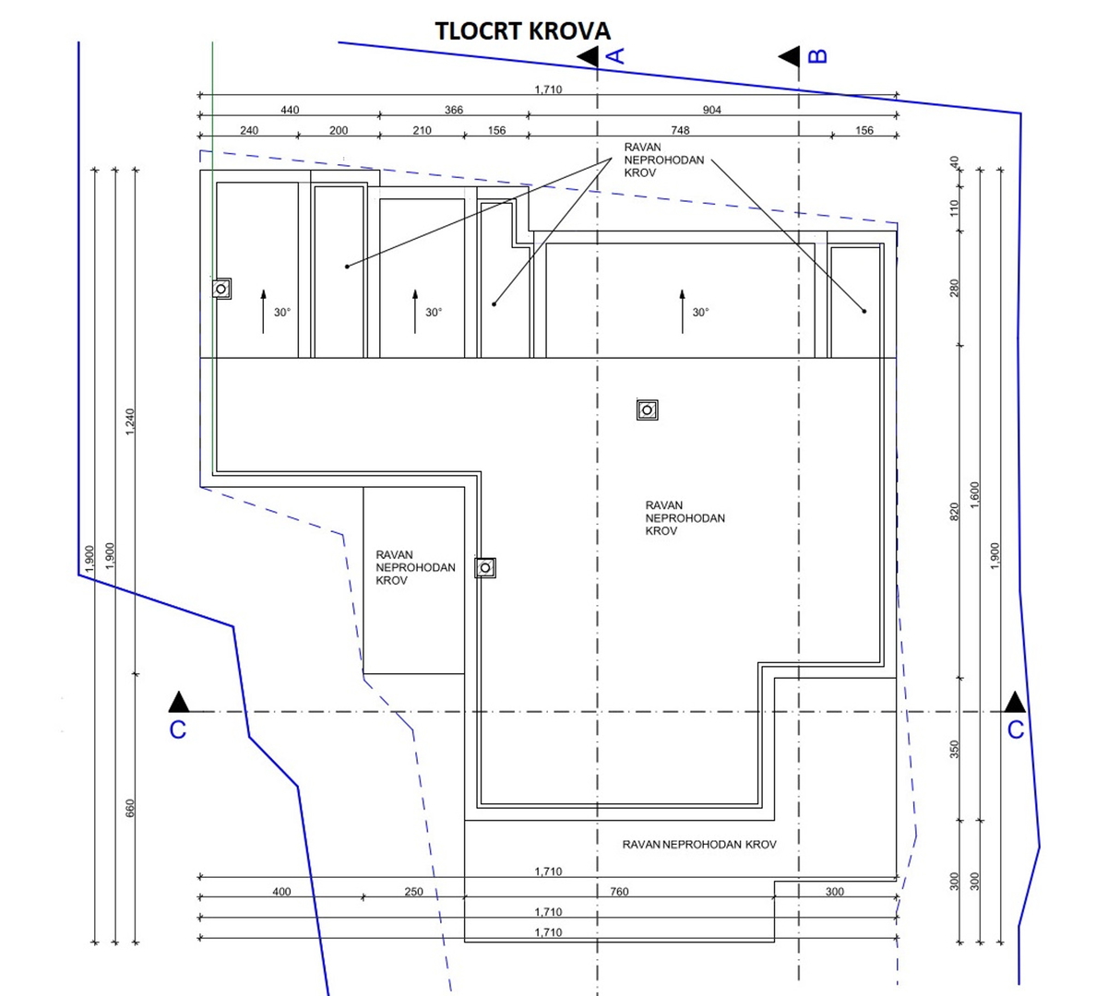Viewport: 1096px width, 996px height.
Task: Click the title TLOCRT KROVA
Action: [522, 31]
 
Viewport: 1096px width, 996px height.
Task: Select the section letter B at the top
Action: [817, 56]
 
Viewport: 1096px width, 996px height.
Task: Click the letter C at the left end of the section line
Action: [178, 729]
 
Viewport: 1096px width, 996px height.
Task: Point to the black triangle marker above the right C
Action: [1015, 701]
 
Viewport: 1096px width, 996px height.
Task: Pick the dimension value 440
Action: [290, 110]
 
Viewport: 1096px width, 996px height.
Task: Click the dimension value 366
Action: [454, 110]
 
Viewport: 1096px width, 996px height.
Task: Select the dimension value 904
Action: [712, 110]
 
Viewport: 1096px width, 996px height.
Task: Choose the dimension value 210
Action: [422, 130]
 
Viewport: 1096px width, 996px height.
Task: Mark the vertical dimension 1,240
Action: [130, 422]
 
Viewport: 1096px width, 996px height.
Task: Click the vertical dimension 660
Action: [130, 808]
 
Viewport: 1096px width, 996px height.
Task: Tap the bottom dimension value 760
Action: [619, 892]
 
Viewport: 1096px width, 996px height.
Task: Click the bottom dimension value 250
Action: [414, 892]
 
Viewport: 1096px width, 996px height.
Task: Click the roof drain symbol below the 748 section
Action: [648, 409]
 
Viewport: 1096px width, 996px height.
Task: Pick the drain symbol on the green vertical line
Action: [220, 289]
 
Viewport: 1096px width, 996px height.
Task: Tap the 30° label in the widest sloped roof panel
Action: [701, 313]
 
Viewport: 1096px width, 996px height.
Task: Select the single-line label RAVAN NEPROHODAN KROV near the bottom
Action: [699, 844]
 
